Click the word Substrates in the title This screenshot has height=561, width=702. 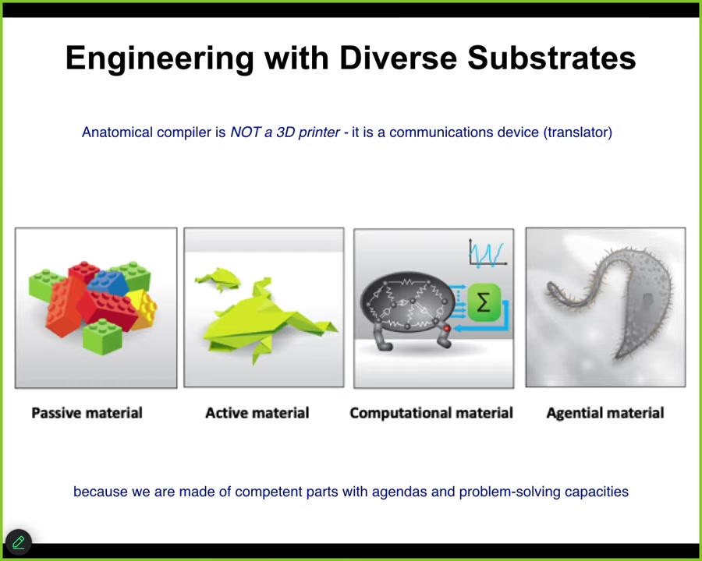coord(551,58)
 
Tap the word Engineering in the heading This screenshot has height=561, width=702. coord(160,59)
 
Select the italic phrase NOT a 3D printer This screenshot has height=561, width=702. coord(285,132)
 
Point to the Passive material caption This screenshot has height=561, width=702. coord(87,412)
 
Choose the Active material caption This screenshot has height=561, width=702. coord(257,412)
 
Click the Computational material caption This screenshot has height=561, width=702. coord(431,412)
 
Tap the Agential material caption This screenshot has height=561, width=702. coord(604,412)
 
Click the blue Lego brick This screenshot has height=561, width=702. coord(108,283)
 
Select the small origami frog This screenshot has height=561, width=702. coord(218,279)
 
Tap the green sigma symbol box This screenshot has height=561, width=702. coord(484,303)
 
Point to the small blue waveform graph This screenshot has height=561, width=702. coord(487,254)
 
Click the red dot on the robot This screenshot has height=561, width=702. coord(446,329)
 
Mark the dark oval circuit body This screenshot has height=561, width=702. coord(407,302)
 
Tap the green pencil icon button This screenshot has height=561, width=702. coord(19,542)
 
